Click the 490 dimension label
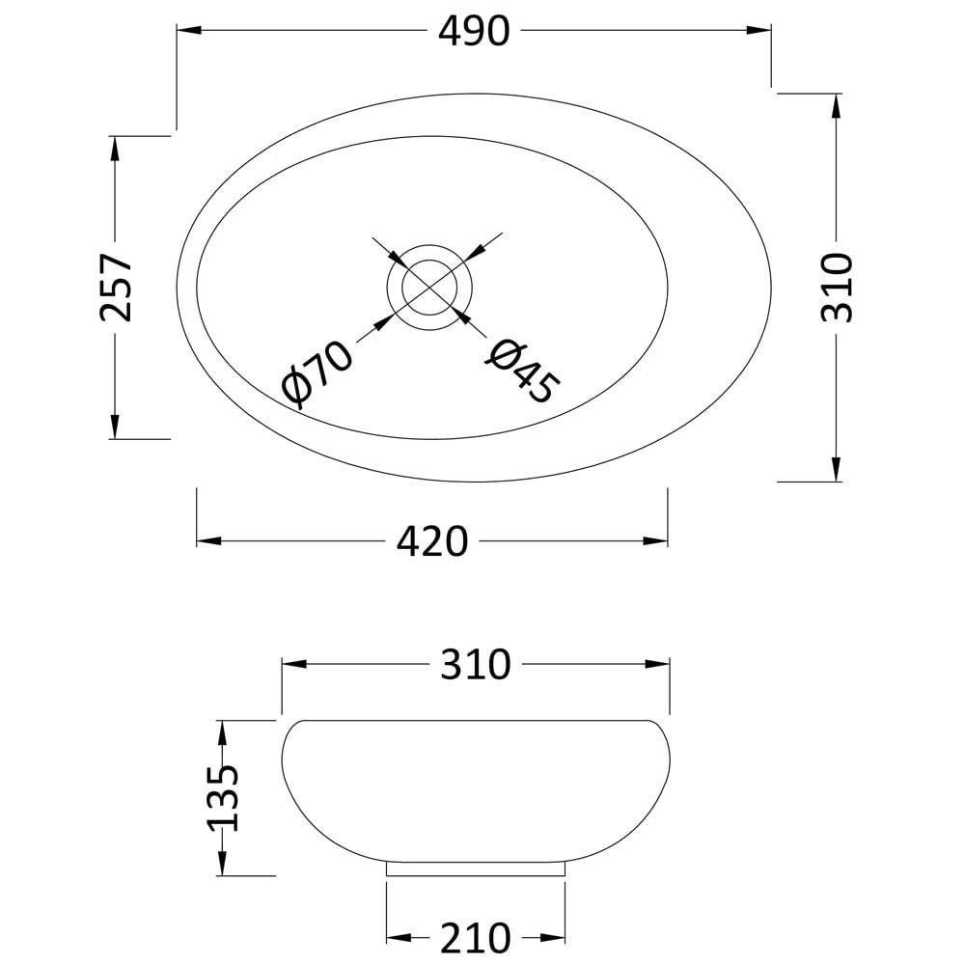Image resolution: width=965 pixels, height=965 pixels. coord(474,31)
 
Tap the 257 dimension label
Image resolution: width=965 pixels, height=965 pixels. coord(116,287)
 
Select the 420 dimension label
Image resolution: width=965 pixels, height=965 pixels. coord(432,542)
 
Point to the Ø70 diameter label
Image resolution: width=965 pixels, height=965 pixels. coord(317,374)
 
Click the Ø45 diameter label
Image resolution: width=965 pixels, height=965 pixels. coord(522,372)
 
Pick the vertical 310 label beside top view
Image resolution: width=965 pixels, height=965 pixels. coord(837,288)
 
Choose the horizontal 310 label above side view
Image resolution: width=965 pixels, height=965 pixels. coord(476,664)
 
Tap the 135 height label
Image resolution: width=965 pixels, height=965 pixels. coord(222,798)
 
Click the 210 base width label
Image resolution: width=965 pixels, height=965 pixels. coord(476,938)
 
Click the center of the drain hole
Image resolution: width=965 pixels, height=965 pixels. coord(429,288)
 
